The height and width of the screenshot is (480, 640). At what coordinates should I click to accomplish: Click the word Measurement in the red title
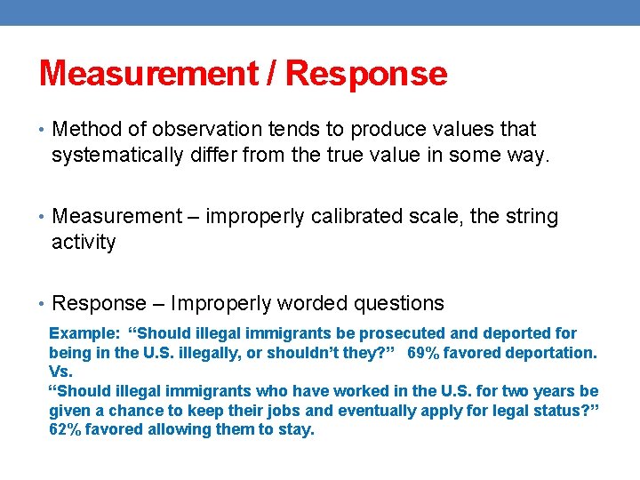pyautogui.click(x=147, y=73)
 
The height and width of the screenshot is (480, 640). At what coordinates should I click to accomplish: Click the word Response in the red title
pyautogui.click(x=366, y=73)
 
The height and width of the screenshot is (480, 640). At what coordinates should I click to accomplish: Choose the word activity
pyautogui.click(x=84, y=243)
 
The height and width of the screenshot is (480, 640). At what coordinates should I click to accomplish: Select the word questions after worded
pyautogui.click(x=399, y=304)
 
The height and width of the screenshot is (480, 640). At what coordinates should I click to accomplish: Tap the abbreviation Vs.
pyautogui.click(x=60, y=372)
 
